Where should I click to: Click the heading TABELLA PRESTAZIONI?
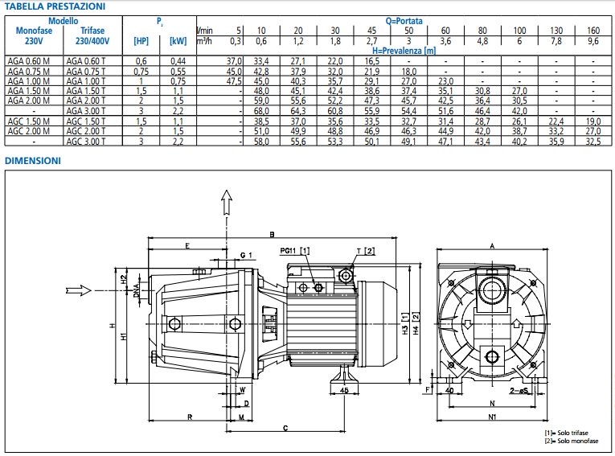[x=53, y=6]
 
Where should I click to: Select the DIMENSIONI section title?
[x=33, y=161]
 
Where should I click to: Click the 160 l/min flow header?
[x=592, y=30]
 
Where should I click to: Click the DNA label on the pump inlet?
[x=136, y=294]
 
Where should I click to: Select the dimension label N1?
[x=492, y=417]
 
